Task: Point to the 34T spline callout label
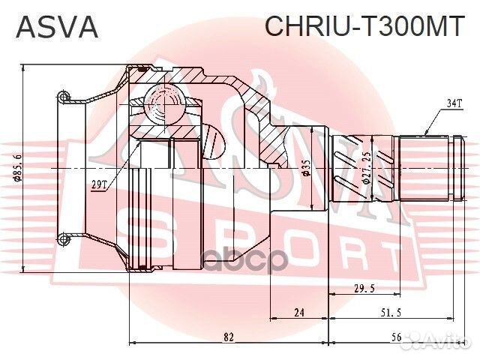(x=454, y=104)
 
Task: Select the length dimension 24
(x=298, y=313)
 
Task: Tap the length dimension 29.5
(x=365, y=288)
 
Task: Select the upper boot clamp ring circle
(x=64, y=96)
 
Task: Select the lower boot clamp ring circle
(x=64, y=239)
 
